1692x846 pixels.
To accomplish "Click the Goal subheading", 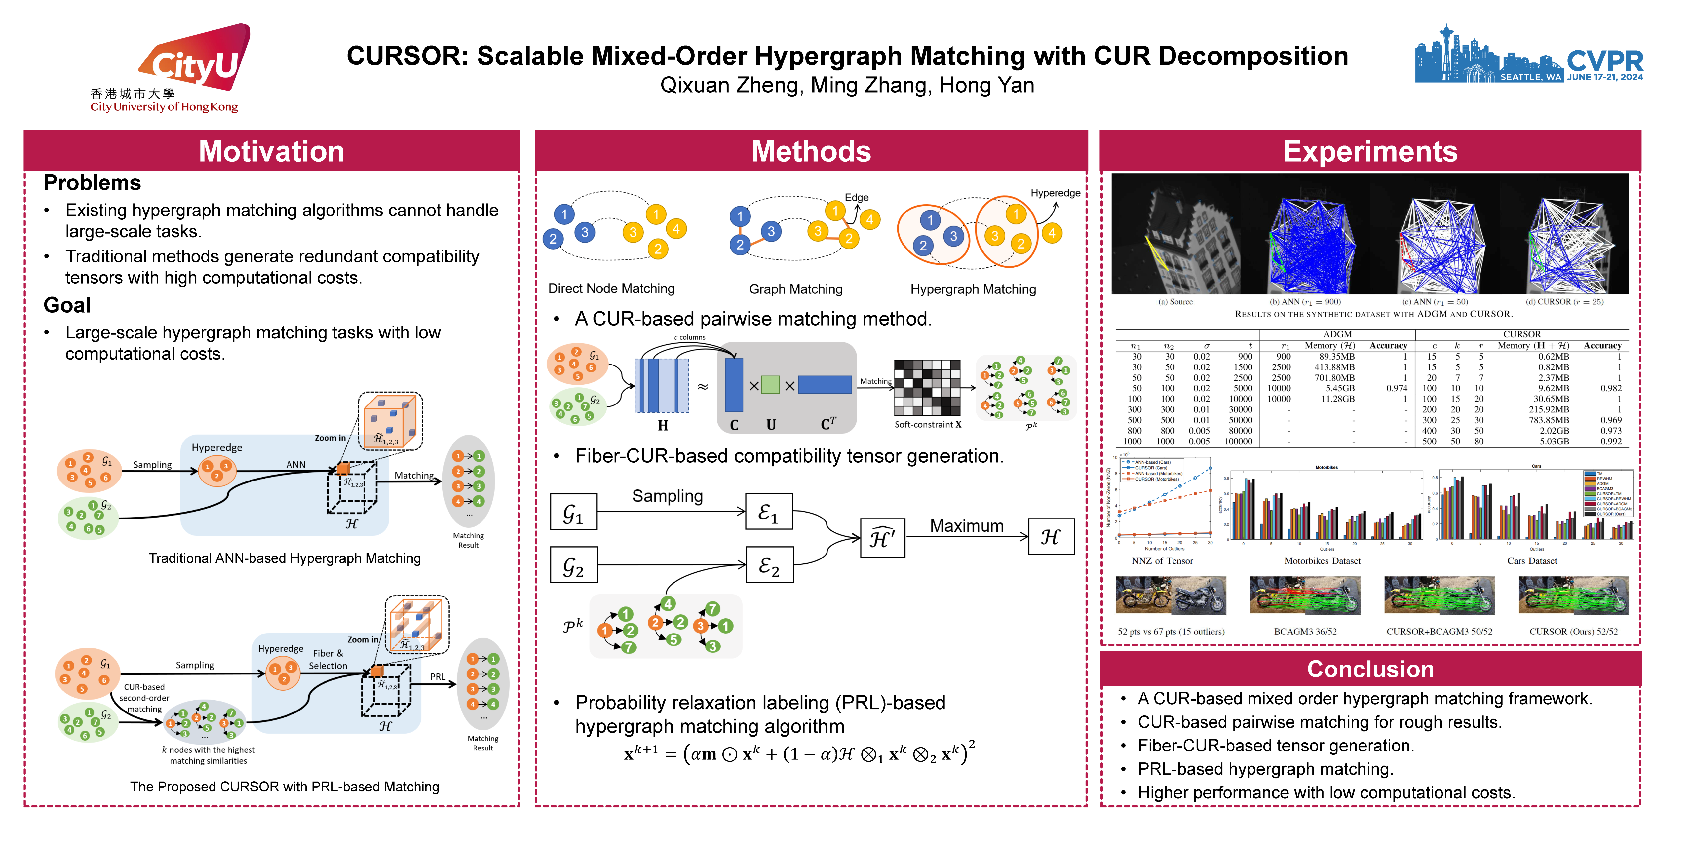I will [x=67, y=305].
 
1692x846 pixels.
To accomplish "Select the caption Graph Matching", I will [x=795, y=289].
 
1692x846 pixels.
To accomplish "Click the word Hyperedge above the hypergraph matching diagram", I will [x=1055, y=193].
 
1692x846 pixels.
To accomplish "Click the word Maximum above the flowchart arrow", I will [x=966, y=526].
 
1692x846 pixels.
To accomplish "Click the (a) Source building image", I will [x=1176, y=235].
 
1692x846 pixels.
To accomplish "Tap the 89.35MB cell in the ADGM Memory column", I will [x=1337, y=357].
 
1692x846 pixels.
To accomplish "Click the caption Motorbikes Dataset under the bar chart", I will [x=1322, y=561].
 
